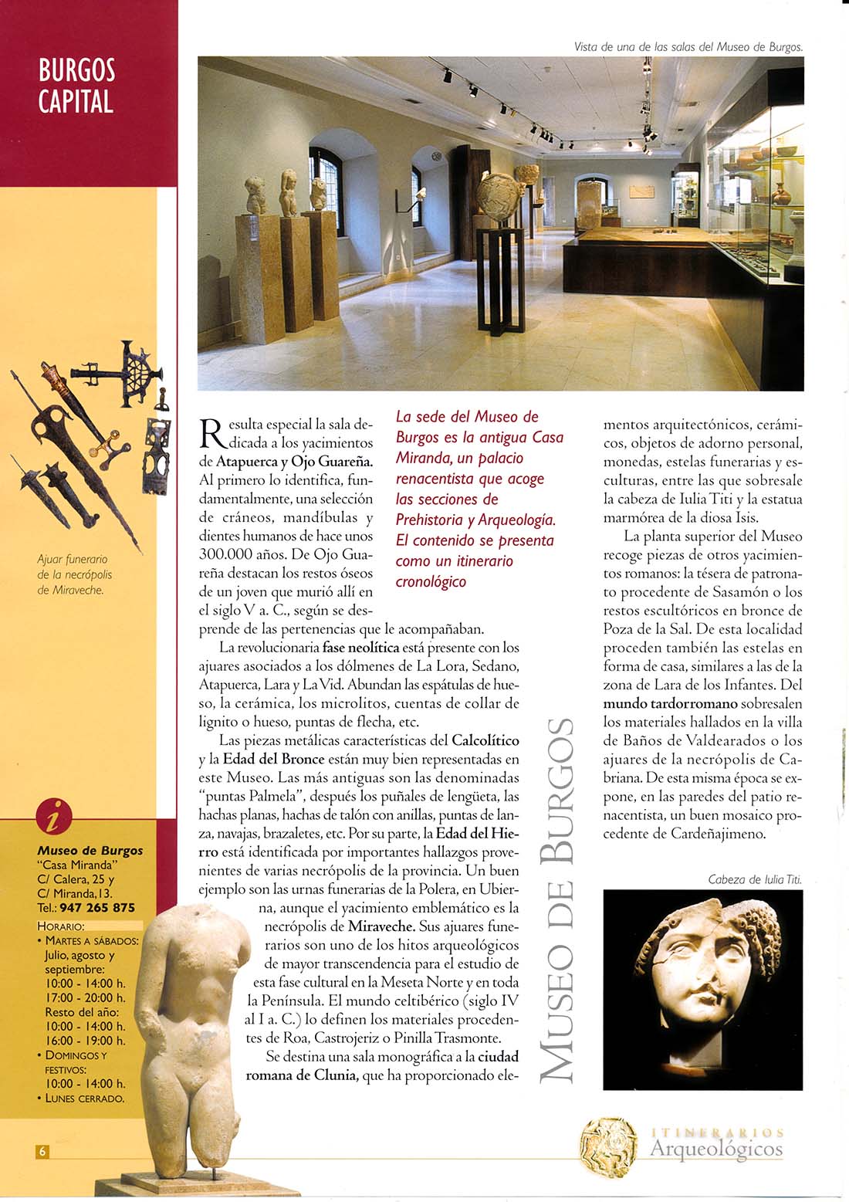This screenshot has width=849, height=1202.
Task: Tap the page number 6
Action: (x=43, y=1151)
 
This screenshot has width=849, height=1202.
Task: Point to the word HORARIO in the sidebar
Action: (x=61, y=926)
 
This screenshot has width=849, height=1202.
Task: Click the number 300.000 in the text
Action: (x=222, y=554)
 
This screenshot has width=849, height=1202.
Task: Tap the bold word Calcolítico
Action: (x=485, y=740)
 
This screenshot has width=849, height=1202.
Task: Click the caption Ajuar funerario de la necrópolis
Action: (x=74, y=574)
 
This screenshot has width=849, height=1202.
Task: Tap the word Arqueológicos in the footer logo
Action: (x=716, y=1150)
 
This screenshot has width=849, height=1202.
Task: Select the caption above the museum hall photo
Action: (x=688, y=47)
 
